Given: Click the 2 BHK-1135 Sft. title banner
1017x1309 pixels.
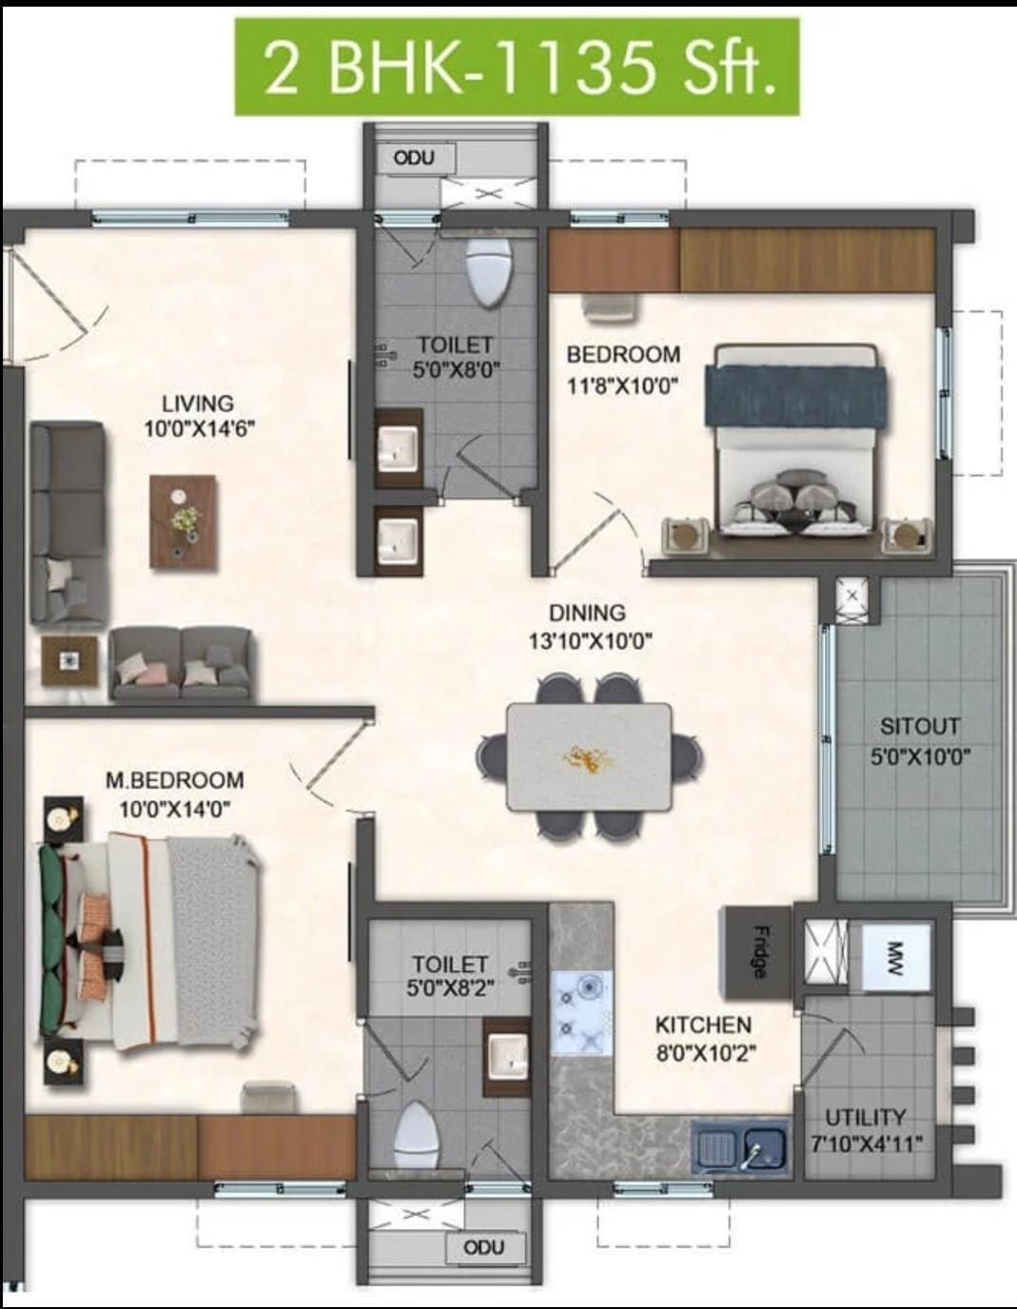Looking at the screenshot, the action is pyautogui.click(x=517, y=67).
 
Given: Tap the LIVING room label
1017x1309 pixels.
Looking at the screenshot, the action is pyautogui.click(x=198, y=403).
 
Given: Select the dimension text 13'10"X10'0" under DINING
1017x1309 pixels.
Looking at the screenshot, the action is pyautogui.click(x=591, y=641).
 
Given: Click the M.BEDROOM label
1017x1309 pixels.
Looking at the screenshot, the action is pyautogui.click(x=175, y=780).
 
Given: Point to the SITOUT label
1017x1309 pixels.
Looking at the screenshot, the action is pyautogui.click(x=919, y=727).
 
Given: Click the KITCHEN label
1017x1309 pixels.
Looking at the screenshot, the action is pyautogui.click(x=703, y=1025).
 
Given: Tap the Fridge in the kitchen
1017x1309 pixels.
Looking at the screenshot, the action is pyautogui.click(x=757, y=951).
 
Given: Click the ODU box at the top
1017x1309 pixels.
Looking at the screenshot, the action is pyautogui.click(x=414, y=158).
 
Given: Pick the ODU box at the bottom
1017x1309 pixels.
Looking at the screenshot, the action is pyautogui.click(x=484, y=1247).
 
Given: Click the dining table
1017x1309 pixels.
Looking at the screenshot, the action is pyautogui.click(x=590, y=756).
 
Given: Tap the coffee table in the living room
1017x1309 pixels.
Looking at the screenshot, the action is pyautogui.click(x=183, y=521).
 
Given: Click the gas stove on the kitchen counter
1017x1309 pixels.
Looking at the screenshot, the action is pyautogui.click(x=581, y=1012).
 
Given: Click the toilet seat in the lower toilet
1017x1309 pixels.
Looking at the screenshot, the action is pyautogui.click(x=418, y=1135).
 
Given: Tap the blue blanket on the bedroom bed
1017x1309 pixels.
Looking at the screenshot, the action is pyautogui.click(x=796, y=397).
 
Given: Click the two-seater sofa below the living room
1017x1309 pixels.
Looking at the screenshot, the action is pyautogui.click(x=181, y=663).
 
